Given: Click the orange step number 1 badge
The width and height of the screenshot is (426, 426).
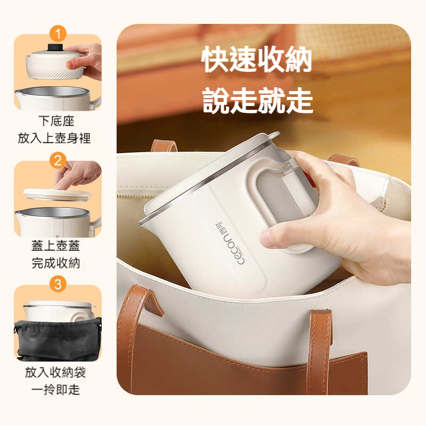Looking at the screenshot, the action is point(58,34).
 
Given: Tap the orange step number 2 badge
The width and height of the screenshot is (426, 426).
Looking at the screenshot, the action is point(58,160).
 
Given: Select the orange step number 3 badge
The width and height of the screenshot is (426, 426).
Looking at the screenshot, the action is point(58,284).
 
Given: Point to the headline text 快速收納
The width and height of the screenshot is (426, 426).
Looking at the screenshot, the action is point(257,59).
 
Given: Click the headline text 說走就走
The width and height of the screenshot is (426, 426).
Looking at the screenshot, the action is point(258,100).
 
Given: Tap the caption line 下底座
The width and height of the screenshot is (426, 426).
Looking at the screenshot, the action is point(56,121).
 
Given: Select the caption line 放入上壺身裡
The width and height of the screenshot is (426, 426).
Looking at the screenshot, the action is point(54,138).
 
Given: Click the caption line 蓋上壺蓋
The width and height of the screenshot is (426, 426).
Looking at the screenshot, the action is point(56,245).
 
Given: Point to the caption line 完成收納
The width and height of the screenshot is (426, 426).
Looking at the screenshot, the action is point(56,263).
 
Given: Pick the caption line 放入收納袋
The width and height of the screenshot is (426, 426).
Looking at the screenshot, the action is point(55,372).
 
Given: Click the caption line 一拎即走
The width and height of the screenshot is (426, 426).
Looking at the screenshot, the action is point(56,390).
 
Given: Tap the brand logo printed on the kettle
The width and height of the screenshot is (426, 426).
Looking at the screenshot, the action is point(230,243).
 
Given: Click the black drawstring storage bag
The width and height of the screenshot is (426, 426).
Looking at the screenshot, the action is point(58,341).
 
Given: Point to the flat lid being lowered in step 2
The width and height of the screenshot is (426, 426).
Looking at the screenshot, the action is point(57,194).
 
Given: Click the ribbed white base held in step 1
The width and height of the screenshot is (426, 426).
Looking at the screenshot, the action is point(54,67).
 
